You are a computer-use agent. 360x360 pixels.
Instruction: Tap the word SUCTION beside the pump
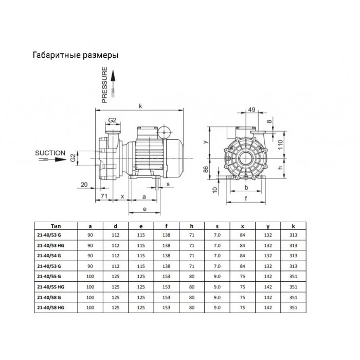(50, 153)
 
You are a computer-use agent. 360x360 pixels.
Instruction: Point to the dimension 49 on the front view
(252, 110)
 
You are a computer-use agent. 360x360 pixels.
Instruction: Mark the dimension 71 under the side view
(103, 196)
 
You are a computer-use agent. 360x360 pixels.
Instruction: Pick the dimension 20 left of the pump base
(84, 184)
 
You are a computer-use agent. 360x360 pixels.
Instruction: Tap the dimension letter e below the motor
(145, 209)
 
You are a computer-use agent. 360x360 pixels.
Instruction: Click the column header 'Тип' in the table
(56, 226)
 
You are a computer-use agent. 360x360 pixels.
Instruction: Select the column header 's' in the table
(217, 226)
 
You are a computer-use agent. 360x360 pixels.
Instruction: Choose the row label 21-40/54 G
(50, 256)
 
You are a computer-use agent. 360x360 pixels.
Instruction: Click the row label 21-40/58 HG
(51, 307)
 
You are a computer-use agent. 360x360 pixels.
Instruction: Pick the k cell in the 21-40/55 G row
(293, 277)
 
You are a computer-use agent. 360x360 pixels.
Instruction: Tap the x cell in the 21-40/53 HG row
(242, 246)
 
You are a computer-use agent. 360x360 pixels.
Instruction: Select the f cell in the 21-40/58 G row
(167, 297)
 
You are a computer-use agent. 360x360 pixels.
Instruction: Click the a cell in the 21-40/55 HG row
(91, 287)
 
